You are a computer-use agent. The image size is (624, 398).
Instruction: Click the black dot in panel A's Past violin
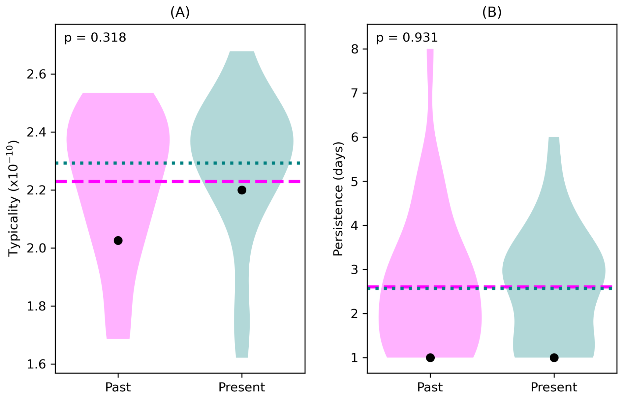(x=118, y=241)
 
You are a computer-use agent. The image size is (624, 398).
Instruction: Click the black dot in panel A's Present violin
(x=242, y=190)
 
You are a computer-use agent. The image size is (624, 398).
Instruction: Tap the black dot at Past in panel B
(x=430, y=357)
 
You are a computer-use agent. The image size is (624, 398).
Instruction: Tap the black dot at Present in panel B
(x=554, y=357)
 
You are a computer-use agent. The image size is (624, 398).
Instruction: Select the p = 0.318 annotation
(x=95, y=38)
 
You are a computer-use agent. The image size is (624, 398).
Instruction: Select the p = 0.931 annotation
(x=407, y=38)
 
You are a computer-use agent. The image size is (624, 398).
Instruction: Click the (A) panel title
(x=180, y=12)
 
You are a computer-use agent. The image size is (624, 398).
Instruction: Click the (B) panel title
(x=492, y=12)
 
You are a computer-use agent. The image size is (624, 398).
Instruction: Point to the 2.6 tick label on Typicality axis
(x=36, y=74)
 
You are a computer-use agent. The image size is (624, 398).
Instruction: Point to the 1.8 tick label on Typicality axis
(x=36, y=306)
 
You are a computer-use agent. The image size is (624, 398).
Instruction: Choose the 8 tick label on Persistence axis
(x=355, y=49)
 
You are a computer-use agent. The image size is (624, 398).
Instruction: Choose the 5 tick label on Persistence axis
(x=355, y=182)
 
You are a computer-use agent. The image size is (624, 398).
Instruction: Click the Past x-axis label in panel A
(x=118, y=387)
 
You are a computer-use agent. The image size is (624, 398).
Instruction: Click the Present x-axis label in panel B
(x=554, y=387)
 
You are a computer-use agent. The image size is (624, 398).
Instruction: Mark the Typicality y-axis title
(x=13, y=199)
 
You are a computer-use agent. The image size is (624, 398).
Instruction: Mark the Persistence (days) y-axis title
(x=338, y=199)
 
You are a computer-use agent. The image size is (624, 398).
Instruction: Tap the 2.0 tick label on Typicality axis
(x=36, y=248)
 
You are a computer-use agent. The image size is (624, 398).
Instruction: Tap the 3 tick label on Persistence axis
(x=355, y=270)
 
